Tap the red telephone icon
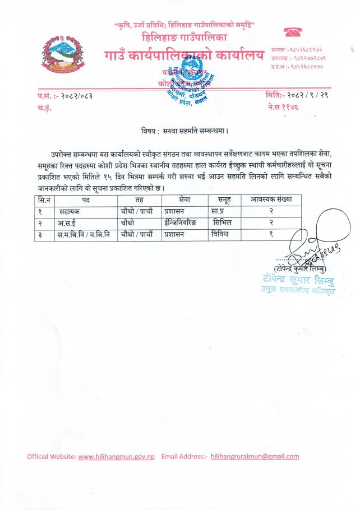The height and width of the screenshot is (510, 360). tap(293, 32)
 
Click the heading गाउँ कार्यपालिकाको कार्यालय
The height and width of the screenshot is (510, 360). tap(183, 56)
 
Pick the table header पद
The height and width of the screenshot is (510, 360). tap(86, 200)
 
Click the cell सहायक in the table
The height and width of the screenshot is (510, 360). tap(70, 212)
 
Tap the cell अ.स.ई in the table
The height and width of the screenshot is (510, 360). tap(67, 224)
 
